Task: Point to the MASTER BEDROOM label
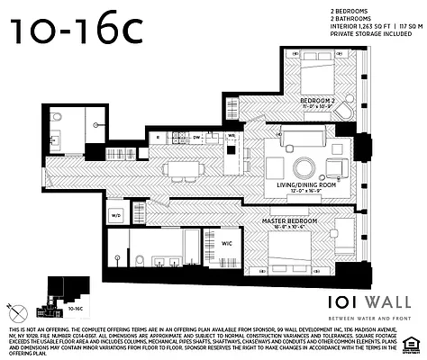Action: point(288,220)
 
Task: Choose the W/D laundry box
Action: point(116,216)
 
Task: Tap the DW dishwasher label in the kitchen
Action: point(196,137)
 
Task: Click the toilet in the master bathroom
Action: point(141,259)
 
